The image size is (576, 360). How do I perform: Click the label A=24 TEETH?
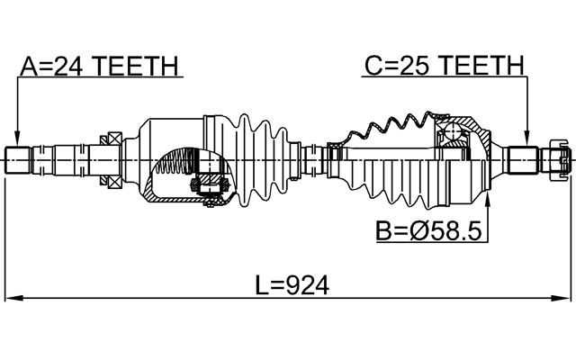[x=99, y=67]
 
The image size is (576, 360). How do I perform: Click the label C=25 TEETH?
[x=443, y=67]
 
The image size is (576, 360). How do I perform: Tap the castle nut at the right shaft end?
[x=555, y=159]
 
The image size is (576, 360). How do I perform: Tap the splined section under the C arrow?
[x=522, y=159]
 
